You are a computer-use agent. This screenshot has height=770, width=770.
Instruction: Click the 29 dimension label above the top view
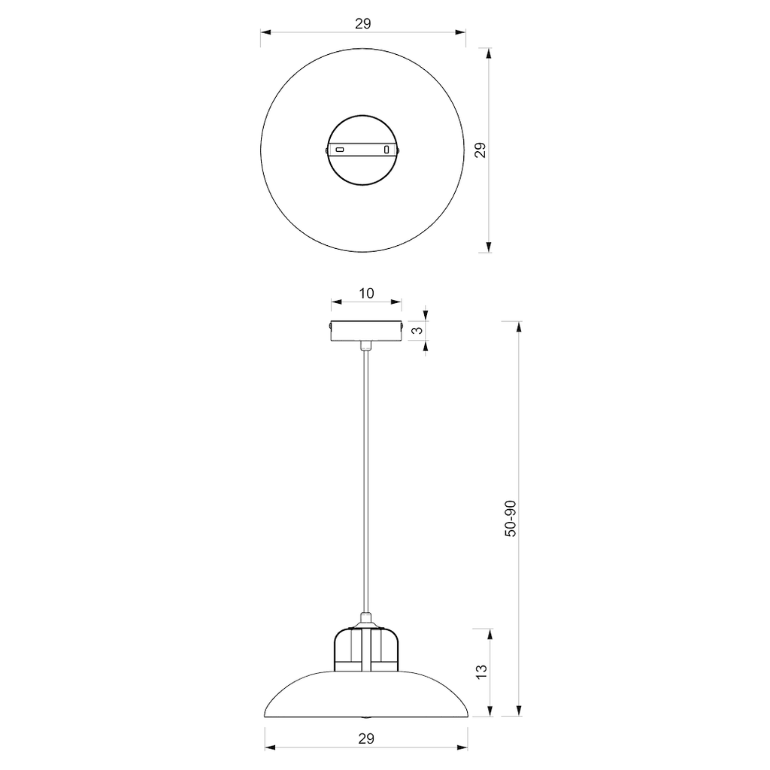(363, 23)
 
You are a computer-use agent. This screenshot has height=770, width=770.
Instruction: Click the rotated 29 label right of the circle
(481, 150)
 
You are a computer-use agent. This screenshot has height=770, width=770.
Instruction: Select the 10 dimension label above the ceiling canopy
(366, 293)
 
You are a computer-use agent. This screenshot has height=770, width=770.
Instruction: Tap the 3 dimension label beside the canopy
(418, 330)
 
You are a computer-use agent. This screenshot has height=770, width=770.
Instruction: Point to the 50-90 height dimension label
(511, 519)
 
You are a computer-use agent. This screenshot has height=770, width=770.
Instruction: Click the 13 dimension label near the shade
(482, 671)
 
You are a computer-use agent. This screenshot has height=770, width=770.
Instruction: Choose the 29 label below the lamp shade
(366, 738)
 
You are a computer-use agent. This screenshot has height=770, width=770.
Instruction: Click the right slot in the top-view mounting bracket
(387, 149)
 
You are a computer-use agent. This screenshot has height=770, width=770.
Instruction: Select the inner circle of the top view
(363, 116)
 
